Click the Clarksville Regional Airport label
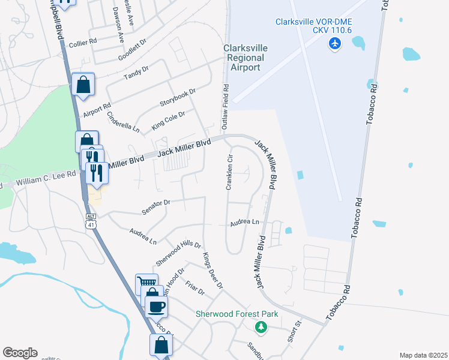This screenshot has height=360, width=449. pos(246,58)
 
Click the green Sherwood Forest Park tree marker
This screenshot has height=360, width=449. pos(261,327)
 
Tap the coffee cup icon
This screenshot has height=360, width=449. pos(157,307)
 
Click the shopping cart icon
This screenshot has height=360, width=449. pos(147,283)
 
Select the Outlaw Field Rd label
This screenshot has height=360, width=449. pos(226,107)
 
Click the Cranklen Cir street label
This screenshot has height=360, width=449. pos(229,172)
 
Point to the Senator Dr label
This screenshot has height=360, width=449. pos(157,207)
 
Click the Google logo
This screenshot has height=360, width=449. pos(20,353)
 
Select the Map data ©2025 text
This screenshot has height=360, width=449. pos(423,355)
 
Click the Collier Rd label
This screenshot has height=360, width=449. pos(82,42)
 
